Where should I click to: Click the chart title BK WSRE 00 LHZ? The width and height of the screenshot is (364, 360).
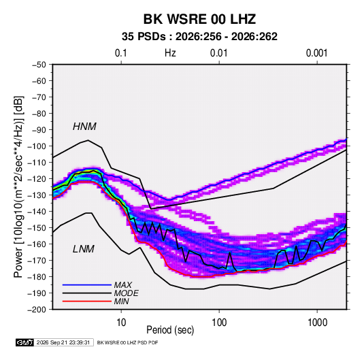(x=199, y=19)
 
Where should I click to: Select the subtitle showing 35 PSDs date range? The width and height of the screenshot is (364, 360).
(x=199, y=37)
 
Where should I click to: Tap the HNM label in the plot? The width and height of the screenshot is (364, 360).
(x=84, y=127)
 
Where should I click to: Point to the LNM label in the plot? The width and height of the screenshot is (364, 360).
(x=83, y=249)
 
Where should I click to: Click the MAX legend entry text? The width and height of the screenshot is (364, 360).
(x=122, y=284)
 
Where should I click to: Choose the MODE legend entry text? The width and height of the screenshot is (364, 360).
(x=126, y=293)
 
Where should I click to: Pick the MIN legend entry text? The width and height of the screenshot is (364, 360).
(x=121, y=301)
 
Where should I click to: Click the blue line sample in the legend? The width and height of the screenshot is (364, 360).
(x=87, y=284)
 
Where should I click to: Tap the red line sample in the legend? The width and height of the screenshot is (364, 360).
(x=87, y=301)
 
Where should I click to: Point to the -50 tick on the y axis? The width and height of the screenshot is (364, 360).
(x=39, y=65)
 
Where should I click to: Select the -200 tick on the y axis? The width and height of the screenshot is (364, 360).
(x=37, y=310)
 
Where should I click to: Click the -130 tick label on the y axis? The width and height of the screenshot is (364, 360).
(x=37, y=195)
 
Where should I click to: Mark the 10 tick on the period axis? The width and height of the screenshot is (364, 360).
(x=121, y=323)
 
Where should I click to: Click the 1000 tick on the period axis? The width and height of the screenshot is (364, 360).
(x=317, y=323)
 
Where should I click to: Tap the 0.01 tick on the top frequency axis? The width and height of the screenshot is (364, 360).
(x=218, y=53)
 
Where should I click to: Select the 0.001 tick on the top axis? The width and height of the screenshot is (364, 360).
(x=316, y=53)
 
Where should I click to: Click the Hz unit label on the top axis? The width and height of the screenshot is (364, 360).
(x=170, y=53)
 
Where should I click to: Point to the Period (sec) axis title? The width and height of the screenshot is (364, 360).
(x=170, y=330)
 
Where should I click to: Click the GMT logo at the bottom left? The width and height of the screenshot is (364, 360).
(x=25, y=342)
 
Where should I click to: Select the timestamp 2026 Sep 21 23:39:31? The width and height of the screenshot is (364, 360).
(x=63, y=342)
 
